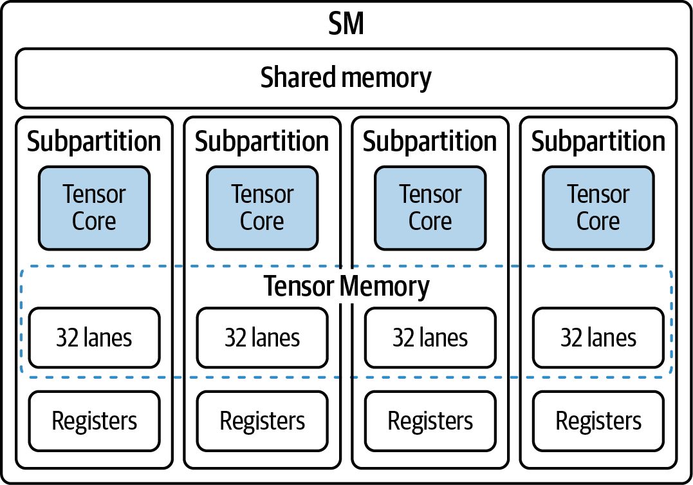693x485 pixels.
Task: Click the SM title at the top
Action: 346,23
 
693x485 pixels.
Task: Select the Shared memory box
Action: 346,79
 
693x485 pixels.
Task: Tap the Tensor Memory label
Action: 346,286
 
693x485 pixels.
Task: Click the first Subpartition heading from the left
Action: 94,142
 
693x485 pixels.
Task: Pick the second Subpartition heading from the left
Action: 262,142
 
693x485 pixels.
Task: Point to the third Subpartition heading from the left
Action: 430,142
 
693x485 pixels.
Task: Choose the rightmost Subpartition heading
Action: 598,142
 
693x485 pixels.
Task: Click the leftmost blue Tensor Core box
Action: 94,208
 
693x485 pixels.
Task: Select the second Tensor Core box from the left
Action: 262,208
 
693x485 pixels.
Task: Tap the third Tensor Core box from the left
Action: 430,208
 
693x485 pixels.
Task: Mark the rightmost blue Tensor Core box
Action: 598,208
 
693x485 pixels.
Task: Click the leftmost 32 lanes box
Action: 94,338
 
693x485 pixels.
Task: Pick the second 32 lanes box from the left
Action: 262,338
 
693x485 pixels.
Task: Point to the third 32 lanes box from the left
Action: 430,338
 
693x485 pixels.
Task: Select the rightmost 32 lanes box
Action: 598,338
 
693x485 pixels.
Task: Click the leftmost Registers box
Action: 94,421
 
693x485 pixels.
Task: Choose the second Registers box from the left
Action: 262,421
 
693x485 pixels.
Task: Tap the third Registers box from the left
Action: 430,421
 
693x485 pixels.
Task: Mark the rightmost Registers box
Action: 598,421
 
